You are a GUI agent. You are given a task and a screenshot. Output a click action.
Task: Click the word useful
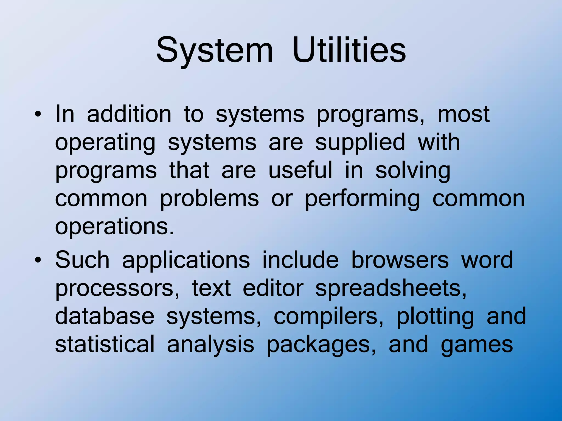pos(300,170)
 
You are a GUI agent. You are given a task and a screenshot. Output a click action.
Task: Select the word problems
pos(209,199)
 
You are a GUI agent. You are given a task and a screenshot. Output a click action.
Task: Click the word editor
pos(273,288)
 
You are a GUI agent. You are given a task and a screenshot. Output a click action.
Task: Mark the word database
pos(105,316)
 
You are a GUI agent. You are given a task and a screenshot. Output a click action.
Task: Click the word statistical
pos(105,344)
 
